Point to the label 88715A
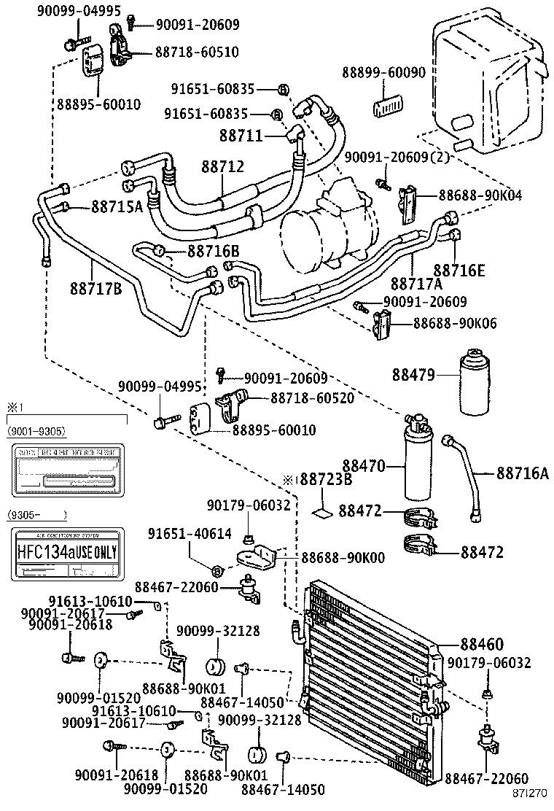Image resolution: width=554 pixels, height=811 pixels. coord(117,207)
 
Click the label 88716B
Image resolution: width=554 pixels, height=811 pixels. coord(214,252)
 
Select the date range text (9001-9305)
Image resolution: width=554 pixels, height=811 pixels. coord(37,432)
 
